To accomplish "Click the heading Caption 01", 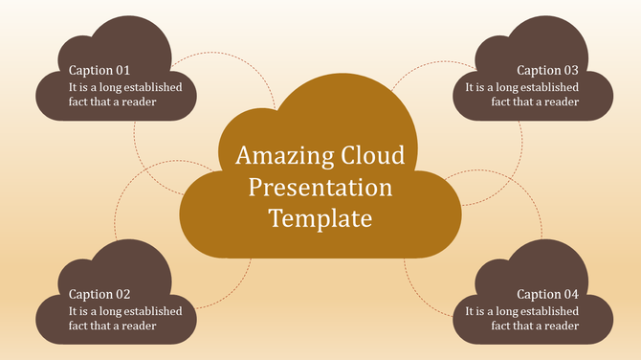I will coord(99,70).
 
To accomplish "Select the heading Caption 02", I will coord(99,295).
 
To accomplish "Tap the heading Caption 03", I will coord(547,70).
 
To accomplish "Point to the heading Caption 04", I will coord(547,295).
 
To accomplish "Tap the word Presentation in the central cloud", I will coord(320,187).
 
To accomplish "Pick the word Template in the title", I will coord(320,218).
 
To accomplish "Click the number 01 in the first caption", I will coord(122,70).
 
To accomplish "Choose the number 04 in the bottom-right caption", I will coord(569,295).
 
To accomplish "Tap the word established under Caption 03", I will coord(547,87).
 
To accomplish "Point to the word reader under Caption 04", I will coord(561,326).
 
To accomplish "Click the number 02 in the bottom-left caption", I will coord(122,295).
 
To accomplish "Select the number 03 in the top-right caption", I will coord(569,70).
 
